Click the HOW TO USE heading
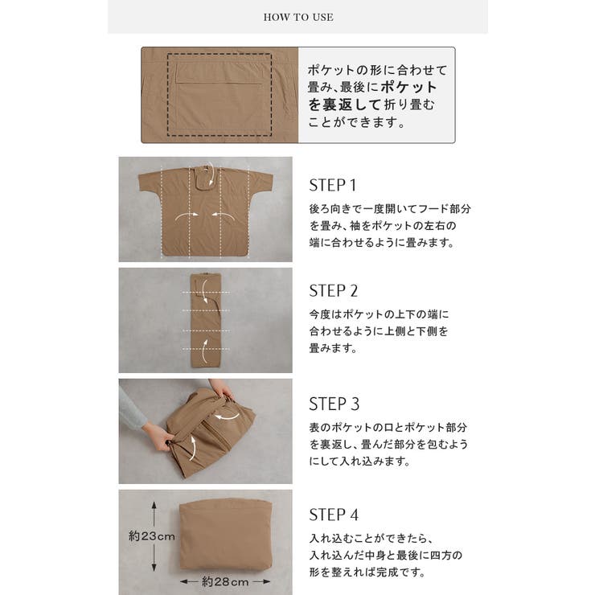[x=298, y=17]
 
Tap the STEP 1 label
[x=332, y=185]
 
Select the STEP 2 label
[x=333, y=291]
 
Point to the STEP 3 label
[x=334, y=404]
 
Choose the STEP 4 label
[x=334, y=515]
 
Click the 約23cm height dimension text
[x=152, y=536]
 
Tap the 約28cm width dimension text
[x=225, y=581]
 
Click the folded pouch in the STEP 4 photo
[x=225, y=535]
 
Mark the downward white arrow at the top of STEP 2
[x=203, y=291]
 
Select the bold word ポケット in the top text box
[x=408, y=88]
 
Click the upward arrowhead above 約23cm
[x=154, y=506]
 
